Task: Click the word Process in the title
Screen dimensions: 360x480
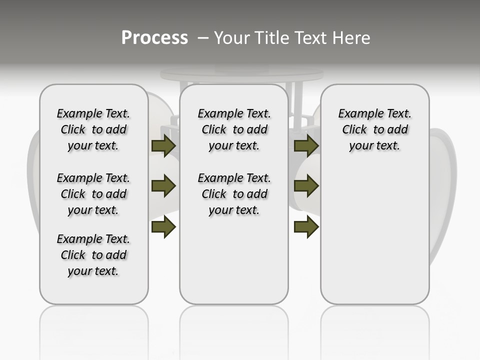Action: point(154,38)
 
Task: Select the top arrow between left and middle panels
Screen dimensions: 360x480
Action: point(163,146)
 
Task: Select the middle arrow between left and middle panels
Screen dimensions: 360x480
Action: point(163,186)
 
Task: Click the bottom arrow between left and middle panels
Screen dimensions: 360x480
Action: point(163,227)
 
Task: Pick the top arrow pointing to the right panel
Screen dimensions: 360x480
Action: point(306,146)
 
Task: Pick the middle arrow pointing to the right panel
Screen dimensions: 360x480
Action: point(306,186)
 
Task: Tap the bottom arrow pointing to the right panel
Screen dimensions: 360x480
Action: point(306,227)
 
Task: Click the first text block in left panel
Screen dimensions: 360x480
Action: point(93,129)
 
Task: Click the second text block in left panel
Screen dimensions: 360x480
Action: point(93,194)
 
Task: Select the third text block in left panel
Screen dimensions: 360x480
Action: point(93,255)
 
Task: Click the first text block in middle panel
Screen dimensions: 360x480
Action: point(234,129)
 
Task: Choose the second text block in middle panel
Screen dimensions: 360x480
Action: point(234,194)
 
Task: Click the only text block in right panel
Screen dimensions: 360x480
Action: point(374,129)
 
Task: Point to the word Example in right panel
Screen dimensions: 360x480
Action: point(355,114)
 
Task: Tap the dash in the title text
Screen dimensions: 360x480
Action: point(203,38)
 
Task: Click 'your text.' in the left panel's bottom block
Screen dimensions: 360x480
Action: point(93,271)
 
